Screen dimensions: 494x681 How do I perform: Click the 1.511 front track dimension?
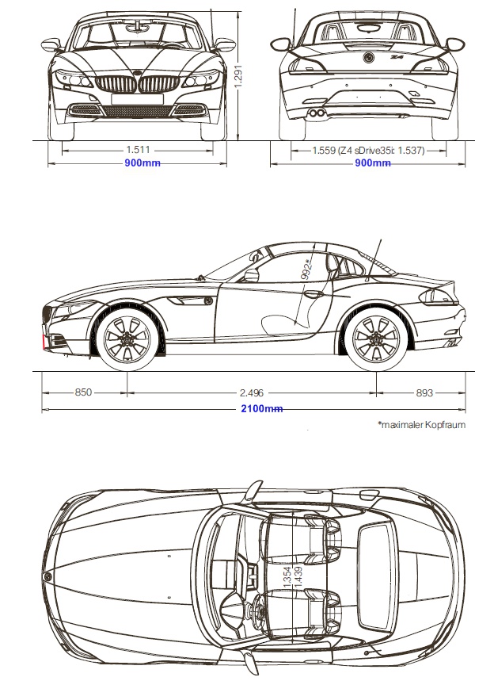(138, 150)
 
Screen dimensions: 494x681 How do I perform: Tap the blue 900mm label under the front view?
(142, 163)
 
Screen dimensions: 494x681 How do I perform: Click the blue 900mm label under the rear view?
(373, 163)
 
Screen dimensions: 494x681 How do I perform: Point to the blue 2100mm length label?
(261, 409)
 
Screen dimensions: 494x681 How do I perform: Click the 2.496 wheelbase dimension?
(252, 392)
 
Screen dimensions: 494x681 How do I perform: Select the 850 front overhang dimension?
(83, 392)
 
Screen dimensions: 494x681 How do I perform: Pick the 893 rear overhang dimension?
(424, 392)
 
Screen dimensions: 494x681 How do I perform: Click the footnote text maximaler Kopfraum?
(422, 424)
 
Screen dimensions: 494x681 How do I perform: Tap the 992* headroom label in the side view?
(306, 270)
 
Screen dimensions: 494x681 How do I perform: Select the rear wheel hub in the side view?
(376, 338)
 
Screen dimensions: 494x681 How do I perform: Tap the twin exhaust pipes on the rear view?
(317, 113)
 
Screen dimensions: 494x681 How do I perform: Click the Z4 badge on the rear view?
(396, 56)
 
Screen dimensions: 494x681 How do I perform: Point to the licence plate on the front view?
(137, 99)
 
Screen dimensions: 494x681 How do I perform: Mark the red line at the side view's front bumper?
(44, 342)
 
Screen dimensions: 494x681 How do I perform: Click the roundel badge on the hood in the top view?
(47, 576)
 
